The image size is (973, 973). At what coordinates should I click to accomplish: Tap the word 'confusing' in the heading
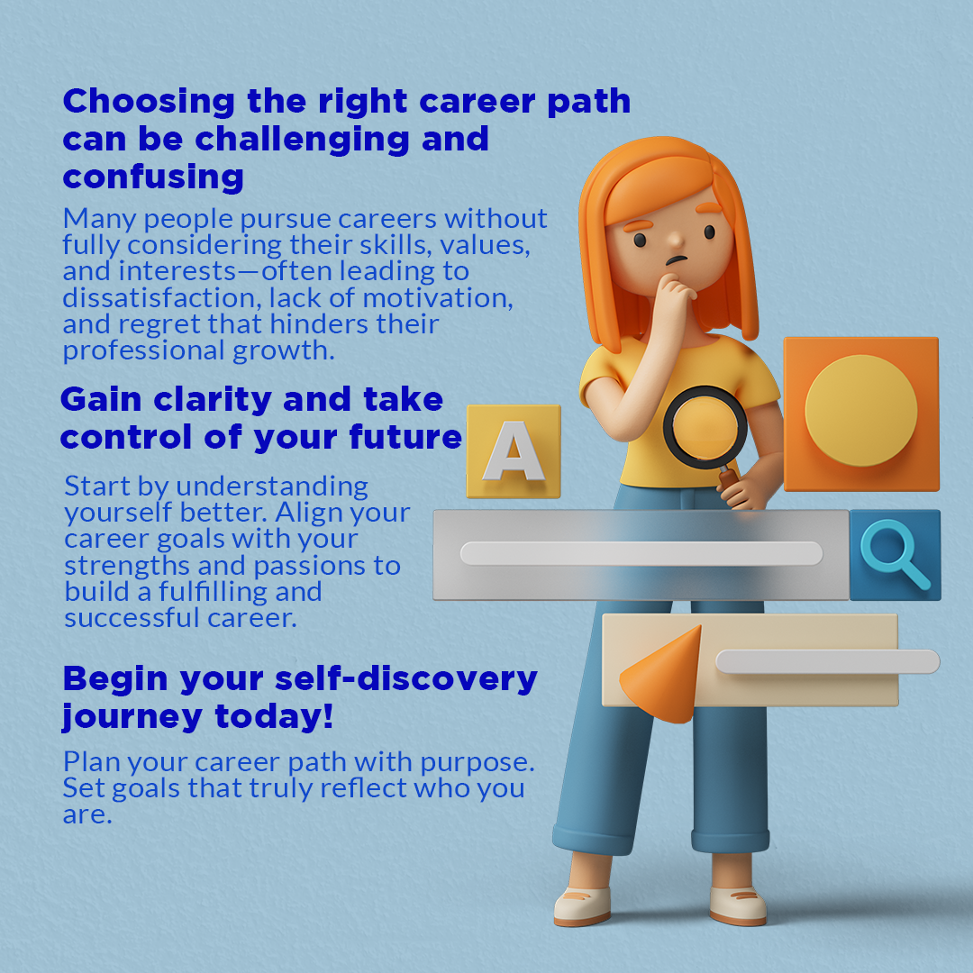[x=153, y=177]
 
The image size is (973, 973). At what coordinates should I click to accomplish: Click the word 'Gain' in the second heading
[x=101, y=400]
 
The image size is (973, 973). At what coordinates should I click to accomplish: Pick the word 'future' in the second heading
[x=405, y=437]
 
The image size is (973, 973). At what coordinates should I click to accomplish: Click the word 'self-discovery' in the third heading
[x=405, y=678]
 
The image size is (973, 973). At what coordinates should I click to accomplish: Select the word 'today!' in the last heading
[x=274, y=716]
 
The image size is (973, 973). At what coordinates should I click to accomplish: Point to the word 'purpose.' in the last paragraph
[x=477, y=763]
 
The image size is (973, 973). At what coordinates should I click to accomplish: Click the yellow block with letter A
[x=514, y=451]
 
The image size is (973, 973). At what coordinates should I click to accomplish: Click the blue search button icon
[x=895, y=555]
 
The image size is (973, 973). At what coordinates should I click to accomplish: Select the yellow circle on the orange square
[x=860, y=410]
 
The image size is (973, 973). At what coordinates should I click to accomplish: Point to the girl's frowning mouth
[x=677, y=260]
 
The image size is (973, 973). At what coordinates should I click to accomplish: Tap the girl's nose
[x=675, y=238]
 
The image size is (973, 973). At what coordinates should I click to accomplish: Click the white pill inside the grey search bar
[x=641, y=553]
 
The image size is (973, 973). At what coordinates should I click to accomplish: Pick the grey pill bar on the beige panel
[x=828, y=661]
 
